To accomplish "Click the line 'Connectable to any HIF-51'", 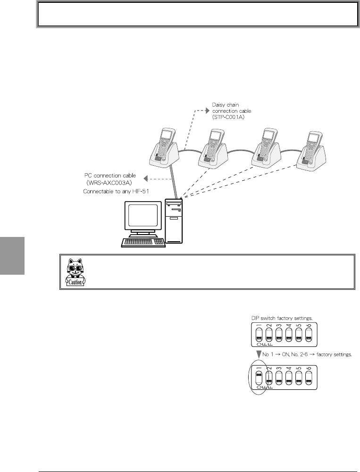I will click(123, 192).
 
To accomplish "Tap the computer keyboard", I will click(143, 242).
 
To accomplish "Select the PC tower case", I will click(175, 222).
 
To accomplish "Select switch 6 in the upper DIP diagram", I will click(309, 335).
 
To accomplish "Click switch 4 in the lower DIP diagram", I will click(289, 378).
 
